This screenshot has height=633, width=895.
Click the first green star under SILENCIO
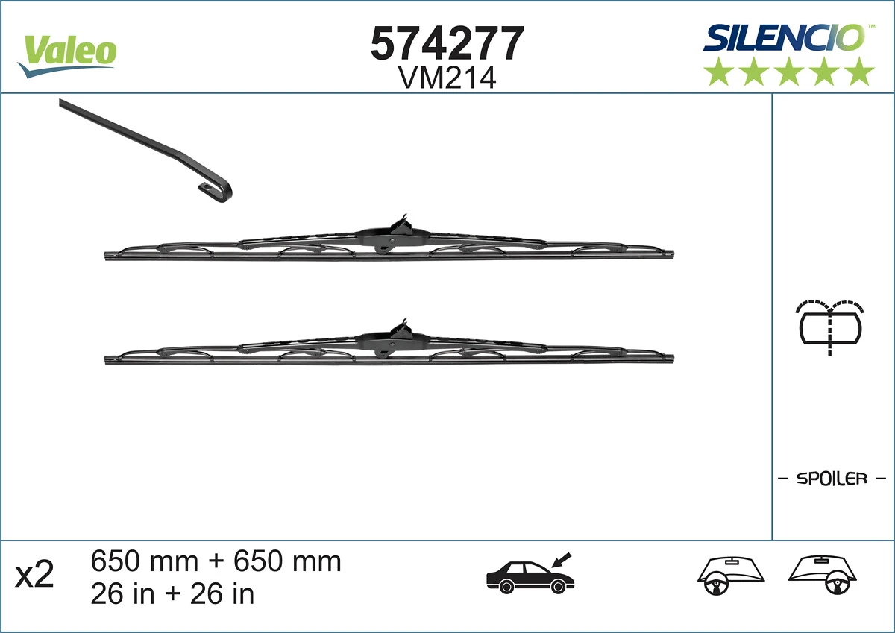point(718,72)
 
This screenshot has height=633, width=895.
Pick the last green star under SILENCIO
point(860,72)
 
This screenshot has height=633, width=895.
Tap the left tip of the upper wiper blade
point(107,256)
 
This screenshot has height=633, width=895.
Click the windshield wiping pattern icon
point(830,326)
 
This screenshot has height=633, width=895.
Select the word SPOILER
point(832,479)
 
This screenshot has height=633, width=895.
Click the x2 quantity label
point(35,576)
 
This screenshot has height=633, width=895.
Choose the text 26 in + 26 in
point(172,593)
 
